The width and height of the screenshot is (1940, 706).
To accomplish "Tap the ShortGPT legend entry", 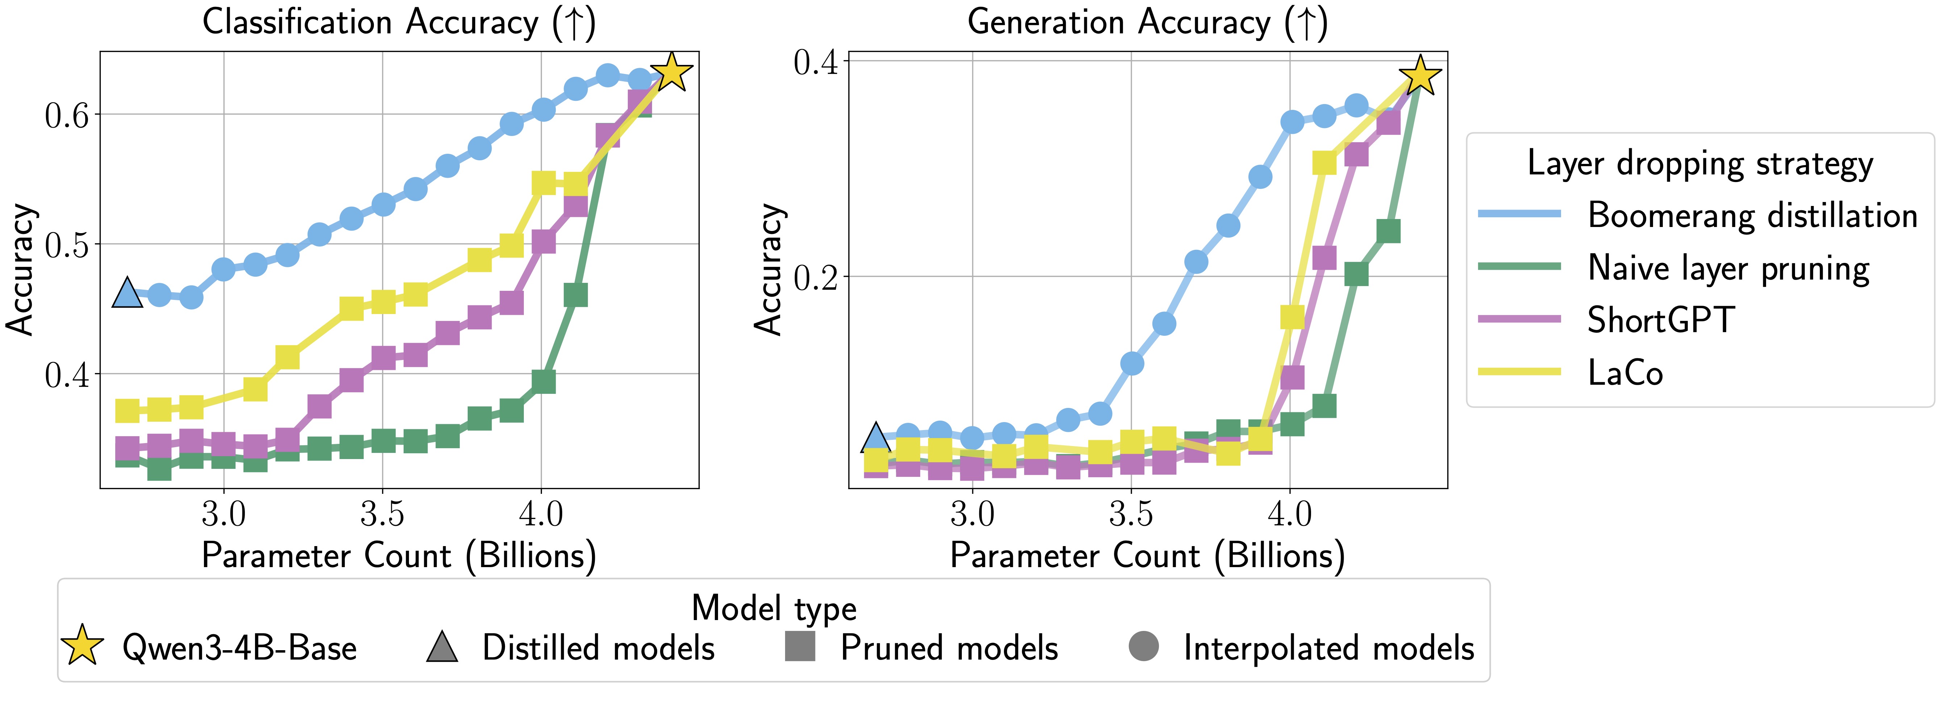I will tap(1661, 320).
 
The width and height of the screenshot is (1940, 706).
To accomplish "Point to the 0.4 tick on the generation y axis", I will tap(815, 62).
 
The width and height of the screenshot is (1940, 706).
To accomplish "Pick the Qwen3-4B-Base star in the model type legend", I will tap(82, 646).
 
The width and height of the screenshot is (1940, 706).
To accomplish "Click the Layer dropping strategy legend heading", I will tap(1700, 164).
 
